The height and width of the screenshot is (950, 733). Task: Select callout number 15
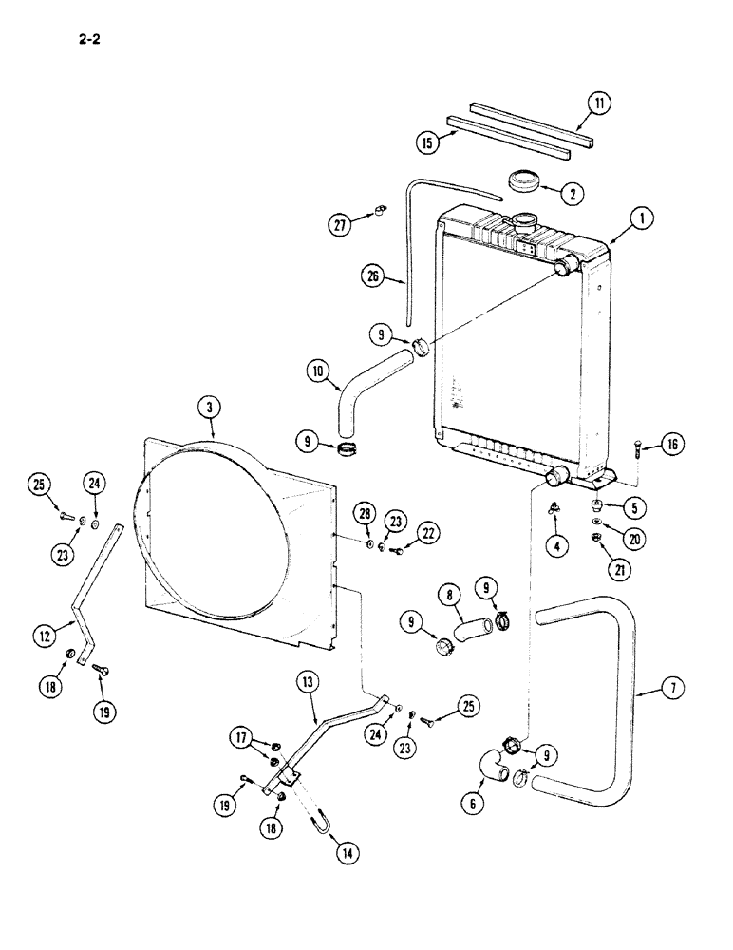point(428,142)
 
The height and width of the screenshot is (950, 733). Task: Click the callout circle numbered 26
point(373,277)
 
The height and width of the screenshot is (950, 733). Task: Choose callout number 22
point(428,534)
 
